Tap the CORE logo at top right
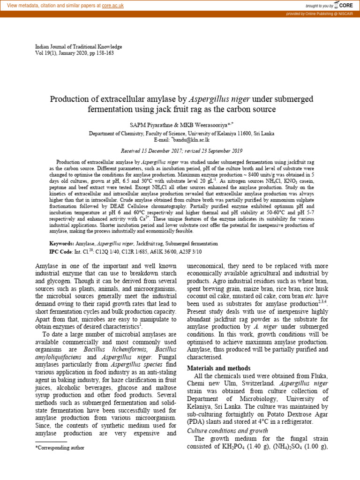coord(344,6)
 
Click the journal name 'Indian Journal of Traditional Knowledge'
coord(79,47)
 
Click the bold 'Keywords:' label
coord(62,244)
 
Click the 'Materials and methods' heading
coord(218,368)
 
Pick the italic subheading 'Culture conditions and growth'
coord(227,430)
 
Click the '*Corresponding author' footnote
coord(60,448)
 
